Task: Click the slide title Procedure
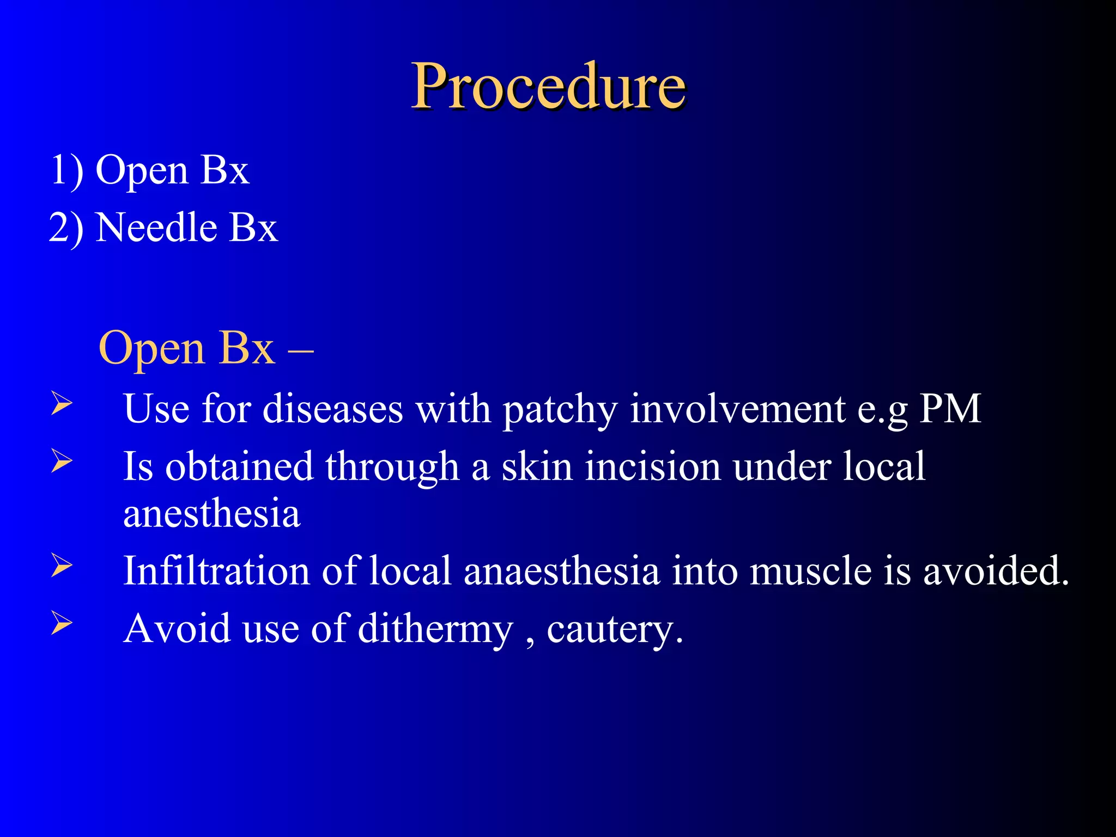(x=548, y=86)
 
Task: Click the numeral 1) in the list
(x=66, y=171)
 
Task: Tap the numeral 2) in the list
(x=66, y=228)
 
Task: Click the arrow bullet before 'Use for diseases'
(x=61, y=404)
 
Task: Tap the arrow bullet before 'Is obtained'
(x=61, y=461)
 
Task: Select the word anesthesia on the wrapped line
(x=211, y=513)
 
